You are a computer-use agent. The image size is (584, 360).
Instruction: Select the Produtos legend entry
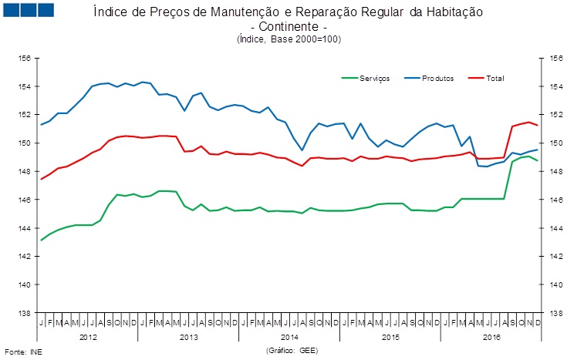coord(438,78)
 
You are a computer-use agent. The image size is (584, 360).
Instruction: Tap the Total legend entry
coord(495,78)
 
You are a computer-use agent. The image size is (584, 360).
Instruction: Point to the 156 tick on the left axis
coord(24,58)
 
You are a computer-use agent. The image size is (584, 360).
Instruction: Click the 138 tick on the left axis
coord(24,313)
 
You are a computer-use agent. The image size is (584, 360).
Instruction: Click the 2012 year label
coord(88,337)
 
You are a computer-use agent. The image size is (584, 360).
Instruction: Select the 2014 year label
coord(289,337)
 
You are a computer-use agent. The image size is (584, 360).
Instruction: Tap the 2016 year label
coord(491,337)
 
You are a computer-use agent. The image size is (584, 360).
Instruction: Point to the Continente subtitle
coord(289,27)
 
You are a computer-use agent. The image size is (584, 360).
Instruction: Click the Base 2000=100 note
coord(308,39)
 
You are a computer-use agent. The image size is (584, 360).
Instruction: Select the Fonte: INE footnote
coord(21,352)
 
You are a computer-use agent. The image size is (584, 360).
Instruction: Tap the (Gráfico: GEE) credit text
coord(292,350)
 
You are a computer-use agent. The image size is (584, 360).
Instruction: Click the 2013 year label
coord(188,337)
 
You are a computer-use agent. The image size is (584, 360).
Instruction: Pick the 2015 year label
coord(390,337)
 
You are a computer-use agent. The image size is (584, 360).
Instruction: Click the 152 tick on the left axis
coord(24,114)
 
